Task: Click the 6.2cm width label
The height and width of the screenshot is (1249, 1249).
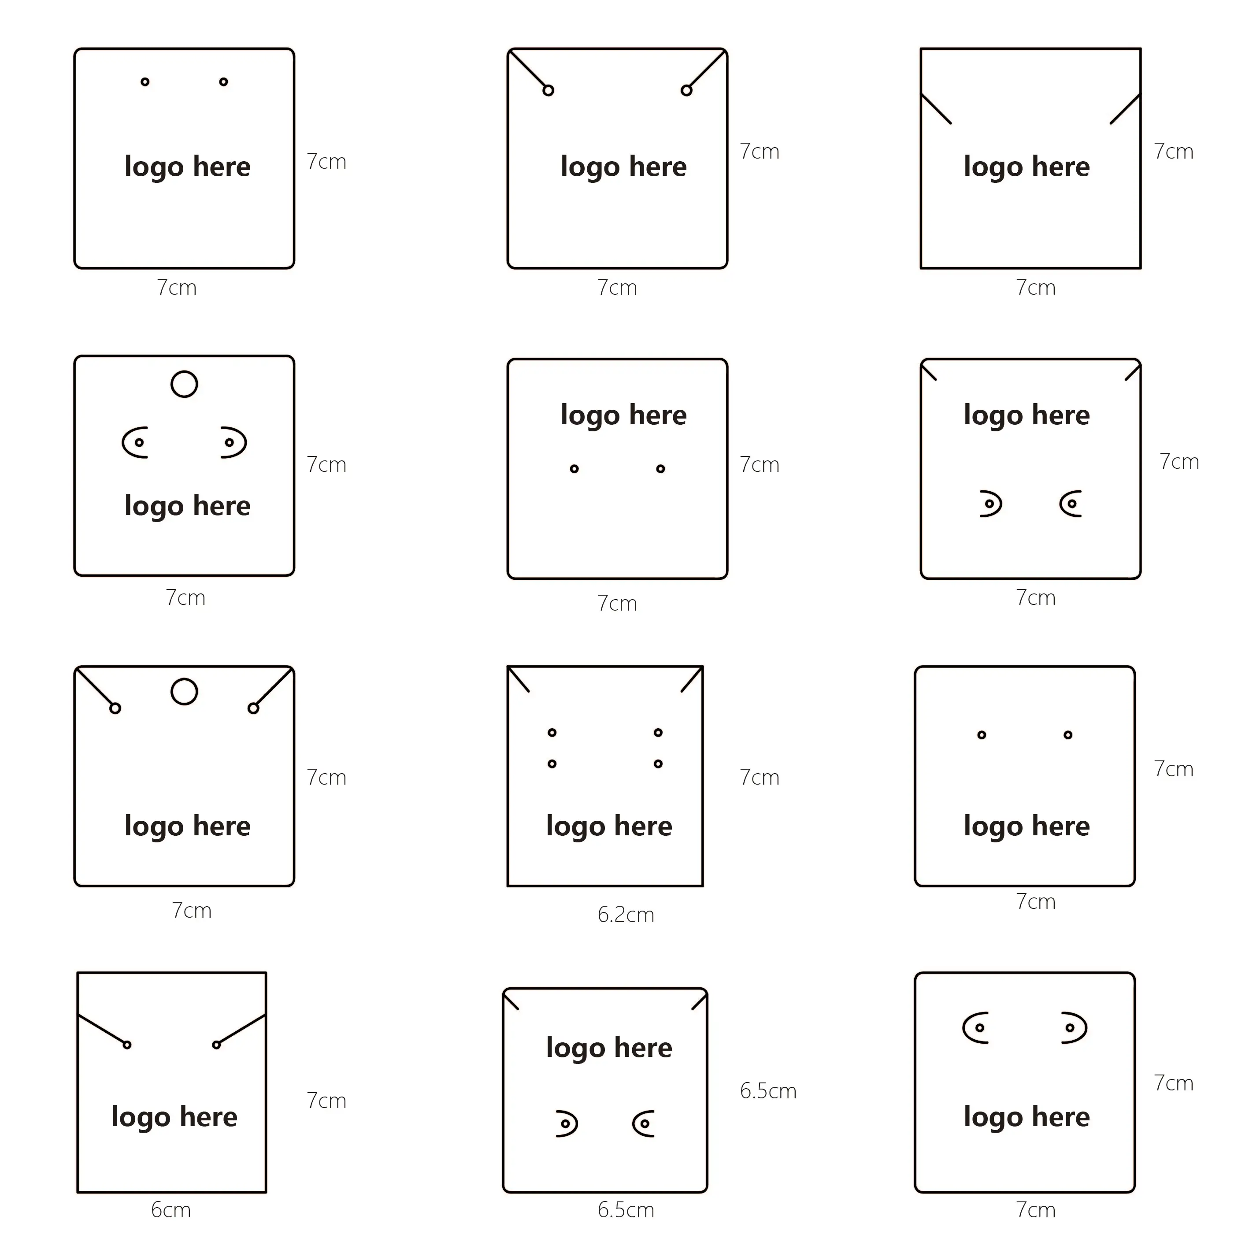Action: [x=625, y=914]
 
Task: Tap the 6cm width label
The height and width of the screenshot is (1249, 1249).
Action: [x=170, y=1209]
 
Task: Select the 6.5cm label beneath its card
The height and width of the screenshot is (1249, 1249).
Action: [x=625, y=1209]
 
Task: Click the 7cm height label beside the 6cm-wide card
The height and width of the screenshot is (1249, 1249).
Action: [x=326, y=1101]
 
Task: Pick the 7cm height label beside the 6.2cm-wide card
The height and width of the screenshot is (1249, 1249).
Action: [x=760, y=777]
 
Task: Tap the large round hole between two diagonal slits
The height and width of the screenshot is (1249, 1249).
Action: [x=184, y=679]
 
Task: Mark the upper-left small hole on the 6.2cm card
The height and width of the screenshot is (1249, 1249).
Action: [x=552, y=733]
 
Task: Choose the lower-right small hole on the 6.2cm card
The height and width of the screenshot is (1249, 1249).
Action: [x=658, y=763]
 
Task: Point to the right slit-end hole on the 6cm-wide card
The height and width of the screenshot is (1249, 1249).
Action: [x=217, y=1045]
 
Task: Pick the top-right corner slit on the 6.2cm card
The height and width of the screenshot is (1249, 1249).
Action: [x=692, y=679]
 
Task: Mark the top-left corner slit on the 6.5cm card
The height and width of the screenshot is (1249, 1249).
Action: [x=511, y=1001]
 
